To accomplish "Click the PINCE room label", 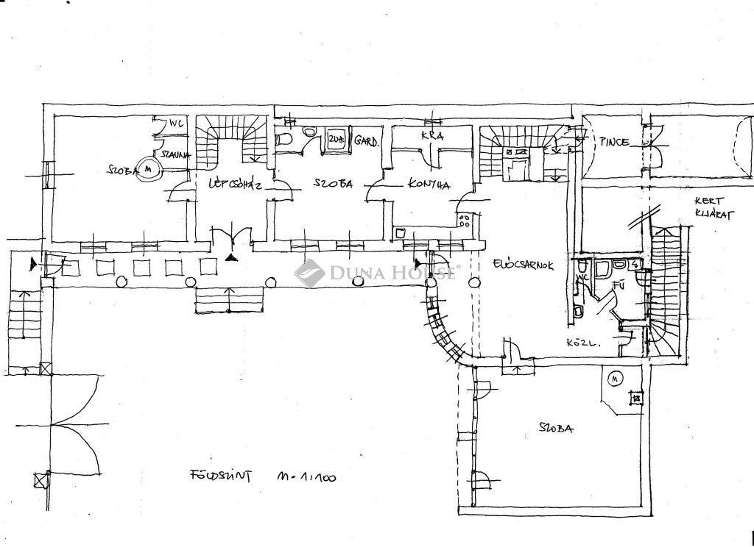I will [613, 141].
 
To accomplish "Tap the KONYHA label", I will [429, 185].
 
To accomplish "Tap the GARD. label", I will [366, 140].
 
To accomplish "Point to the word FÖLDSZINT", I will [218, 475].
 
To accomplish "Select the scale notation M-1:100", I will [306, 477].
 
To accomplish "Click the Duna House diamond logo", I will [310, 273].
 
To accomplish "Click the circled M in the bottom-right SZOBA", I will [616, 379].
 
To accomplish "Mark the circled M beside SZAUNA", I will [150, 168].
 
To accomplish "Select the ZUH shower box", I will [337, 140].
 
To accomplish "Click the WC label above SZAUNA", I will [176, 123].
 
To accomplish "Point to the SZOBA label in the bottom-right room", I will [556, 428].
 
